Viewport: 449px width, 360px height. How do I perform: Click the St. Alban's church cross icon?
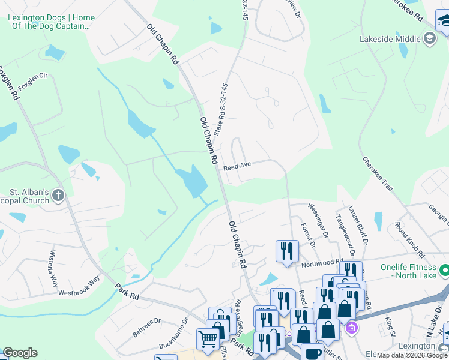(x=58, y=195)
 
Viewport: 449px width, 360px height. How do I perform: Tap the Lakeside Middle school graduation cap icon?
(x=429, y=39)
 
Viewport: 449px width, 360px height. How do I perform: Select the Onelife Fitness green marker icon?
(x=444, y=271)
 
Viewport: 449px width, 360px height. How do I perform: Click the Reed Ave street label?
(x=237, y=166)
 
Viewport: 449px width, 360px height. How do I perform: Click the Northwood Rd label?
(x=321, y=263)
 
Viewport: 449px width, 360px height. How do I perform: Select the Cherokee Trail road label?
(x=377, y=174)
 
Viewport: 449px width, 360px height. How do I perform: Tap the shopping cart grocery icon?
(x=208, y=338)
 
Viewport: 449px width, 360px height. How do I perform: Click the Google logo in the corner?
(x=20, y=353)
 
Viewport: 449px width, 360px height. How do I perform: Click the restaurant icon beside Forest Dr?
(x=287, y=250)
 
